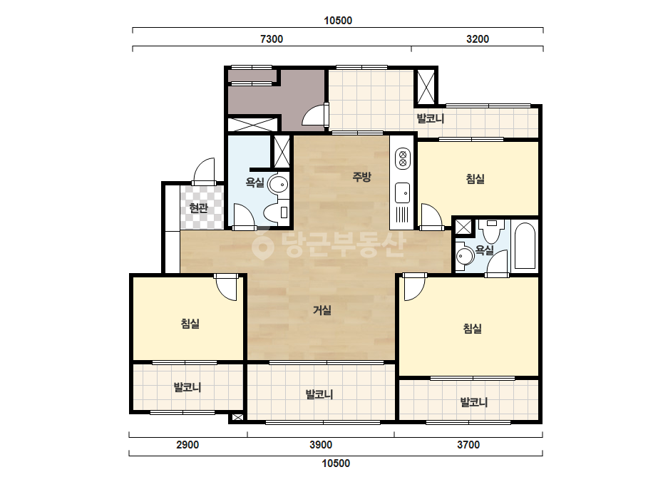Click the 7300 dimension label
pos(272,39)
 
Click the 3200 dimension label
pos(478,39)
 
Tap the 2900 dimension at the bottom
pos(187,445)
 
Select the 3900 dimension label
pos(321,445)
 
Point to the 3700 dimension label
pos(468,445)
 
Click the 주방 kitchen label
pos(361,177)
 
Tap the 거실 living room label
pos(322,310)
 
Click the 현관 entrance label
pos(199,207)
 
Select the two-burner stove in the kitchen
pos(403,158)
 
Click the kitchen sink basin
pos(403,193)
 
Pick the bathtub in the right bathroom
pos(525,246)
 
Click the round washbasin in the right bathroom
pos(464,256)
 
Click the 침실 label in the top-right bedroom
pos(475,179)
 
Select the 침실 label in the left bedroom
pos(190,324)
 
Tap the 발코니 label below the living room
pos(319,395)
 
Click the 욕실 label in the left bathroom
pos(255,183)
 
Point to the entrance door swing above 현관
pos(204,171)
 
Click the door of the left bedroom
pos(226,287)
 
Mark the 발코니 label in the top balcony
pos(430,118)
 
